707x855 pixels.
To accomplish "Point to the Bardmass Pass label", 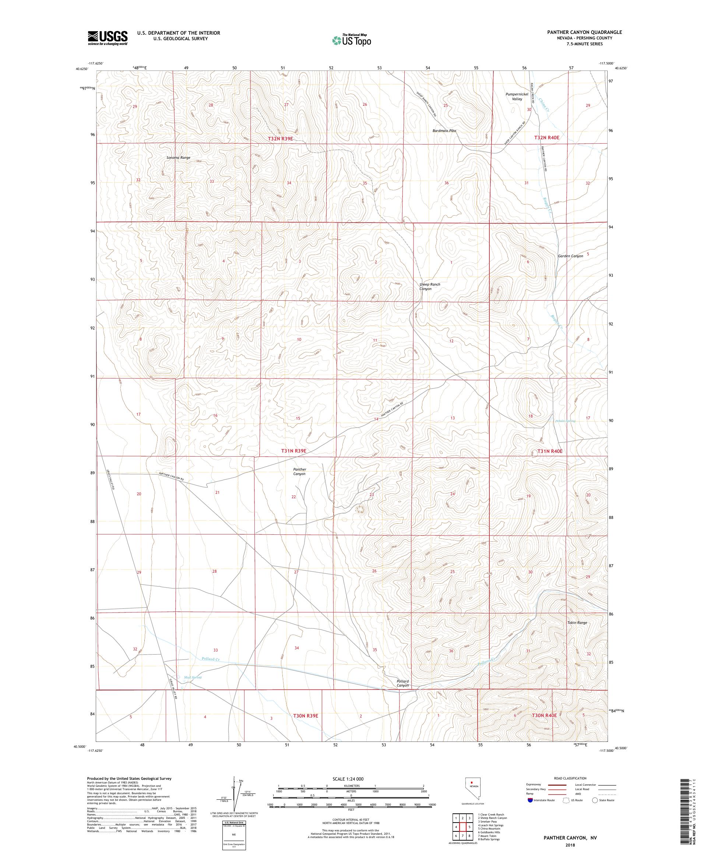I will [444, 131].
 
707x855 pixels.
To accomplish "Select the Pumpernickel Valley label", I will [517, 97].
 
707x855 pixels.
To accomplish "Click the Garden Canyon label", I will [570, 256].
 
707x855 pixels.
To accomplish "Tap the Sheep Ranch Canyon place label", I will [430, 287].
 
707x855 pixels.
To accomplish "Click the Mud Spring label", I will [193, 677].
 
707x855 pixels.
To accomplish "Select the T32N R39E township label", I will [280, 139].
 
